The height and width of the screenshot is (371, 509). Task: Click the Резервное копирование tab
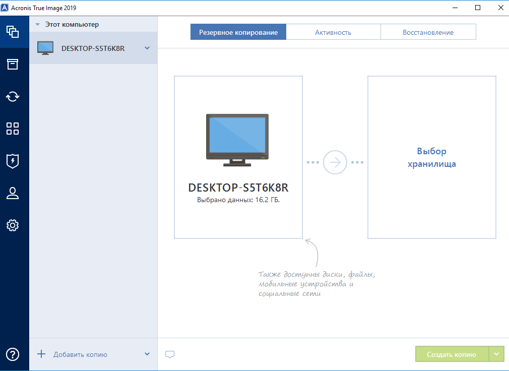238,32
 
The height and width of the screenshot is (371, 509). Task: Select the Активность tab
333,32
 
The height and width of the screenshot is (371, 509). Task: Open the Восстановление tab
428,32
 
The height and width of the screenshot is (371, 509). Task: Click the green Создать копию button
452,354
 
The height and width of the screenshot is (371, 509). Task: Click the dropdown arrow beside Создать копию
496,354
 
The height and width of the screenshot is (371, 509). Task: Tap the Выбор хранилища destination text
432,157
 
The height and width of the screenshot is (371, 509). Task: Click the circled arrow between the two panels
335,162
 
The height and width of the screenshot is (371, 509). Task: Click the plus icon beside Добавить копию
41,354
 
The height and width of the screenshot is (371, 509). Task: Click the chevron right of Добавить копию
147,354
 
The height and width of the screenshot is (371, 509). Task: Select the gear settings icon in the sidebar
13,225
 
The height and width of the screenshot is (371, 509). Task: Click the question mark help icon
13,354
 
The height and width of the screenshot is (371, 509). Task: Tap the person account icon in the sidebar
13,193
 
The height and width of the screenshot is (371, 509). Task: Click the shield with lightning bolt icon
13,161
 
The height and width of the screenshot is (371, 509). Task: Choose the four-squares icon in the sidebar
13,129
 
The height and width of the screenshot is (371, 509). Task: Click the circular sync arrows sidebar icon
13,96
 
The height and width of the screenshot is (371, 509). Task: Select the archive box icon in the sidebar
13,64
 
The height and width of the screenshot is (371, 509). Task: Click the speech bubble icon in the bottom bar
170,354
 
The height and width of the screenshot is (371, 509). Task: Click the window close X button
501,8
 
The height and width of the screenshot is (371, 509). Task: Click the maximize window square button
478,8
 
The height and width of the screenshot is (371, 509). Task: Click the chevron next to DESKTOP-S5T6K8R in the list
147,48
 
